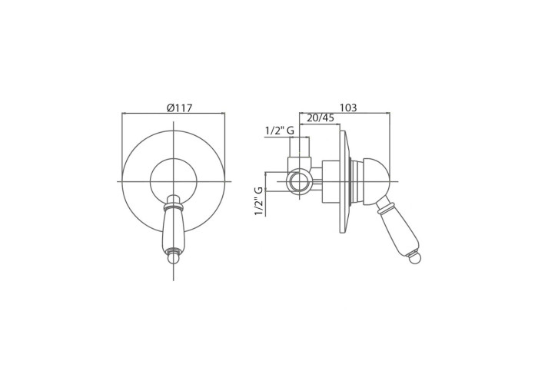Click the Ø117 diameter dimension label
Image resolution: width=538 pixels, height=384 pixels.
click(x=179, y=108)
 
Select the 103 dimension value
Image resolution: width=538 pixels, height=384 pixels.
click(x=348, y=108)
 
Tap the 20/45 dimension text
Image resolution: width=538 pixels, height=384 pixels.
click(x=320, y=118)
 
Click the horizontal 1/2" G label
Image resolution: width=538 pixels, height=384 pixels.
click(x=280, y=131)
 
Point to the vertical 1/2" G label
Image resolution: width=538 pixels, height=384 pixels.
click(x=259, y=201)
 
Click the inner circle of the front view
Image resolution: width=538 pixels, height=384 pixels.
click(x=151, y=181)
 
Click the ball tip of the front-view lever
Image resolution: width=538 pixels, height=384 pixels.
click(x=174, y=258)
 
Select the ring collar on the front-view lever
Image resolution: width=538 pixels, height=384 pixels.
click(x=174, y=207)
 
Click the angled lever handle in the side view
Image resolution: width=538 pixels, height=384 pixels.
click(x=397, y=230)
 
